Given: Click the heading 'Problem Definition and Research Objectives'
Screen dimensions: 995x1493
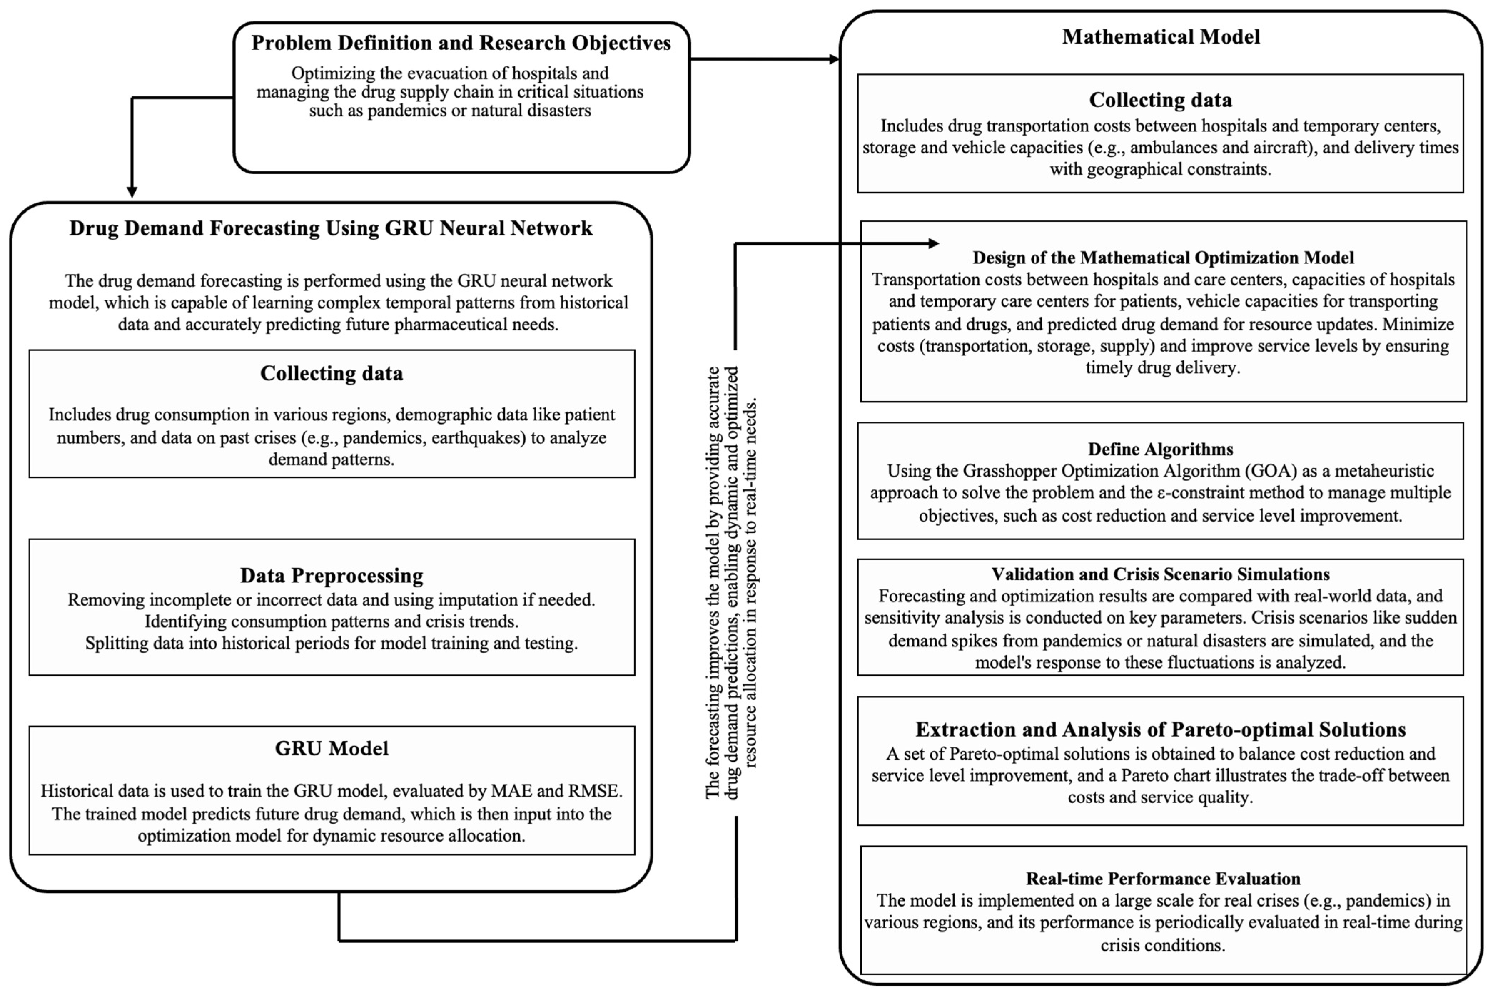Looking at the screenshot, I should pos(461,43).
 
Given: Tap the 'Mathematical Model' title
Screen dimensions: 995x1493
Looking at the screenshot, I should pos(1160,37).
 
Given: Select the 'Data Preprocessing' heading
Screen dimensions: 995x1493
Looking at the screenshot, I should pos(331,575).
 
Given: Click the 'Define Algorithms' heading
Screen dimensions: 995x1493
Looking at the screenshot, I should pos(1160,449).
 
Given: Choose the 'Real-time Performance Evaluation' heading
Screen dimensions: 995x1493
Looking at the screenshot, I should pos(1163,879).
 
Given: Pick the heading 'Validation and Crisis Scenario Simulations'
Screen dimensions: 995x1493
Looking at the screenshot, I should pos(1160,574).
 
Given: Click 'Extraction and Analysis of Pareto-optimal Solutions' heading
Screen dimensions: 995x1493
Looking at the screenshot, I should pos(1160,730).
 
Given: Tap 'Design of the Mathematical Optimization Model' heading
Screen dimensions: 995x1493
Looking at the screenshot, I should pos(1163,258).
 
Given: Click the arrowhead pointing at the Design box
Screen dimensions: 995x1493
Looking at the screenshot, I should pos(933,243).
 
